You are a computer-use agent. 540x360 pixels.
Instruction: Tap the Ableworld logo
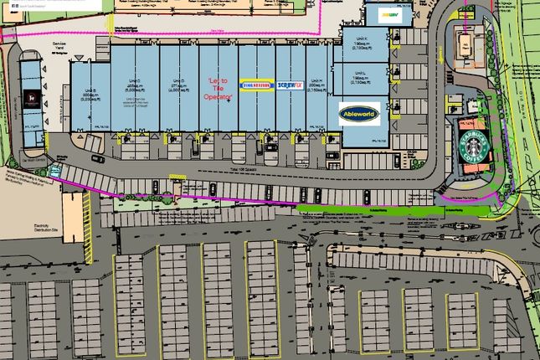[359, 113]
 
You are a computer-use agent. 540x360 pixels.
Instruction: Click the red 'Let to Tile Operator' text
[217, 87]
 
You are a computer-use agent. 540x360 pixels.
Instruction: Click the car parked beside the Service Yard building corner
[98, 157]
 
